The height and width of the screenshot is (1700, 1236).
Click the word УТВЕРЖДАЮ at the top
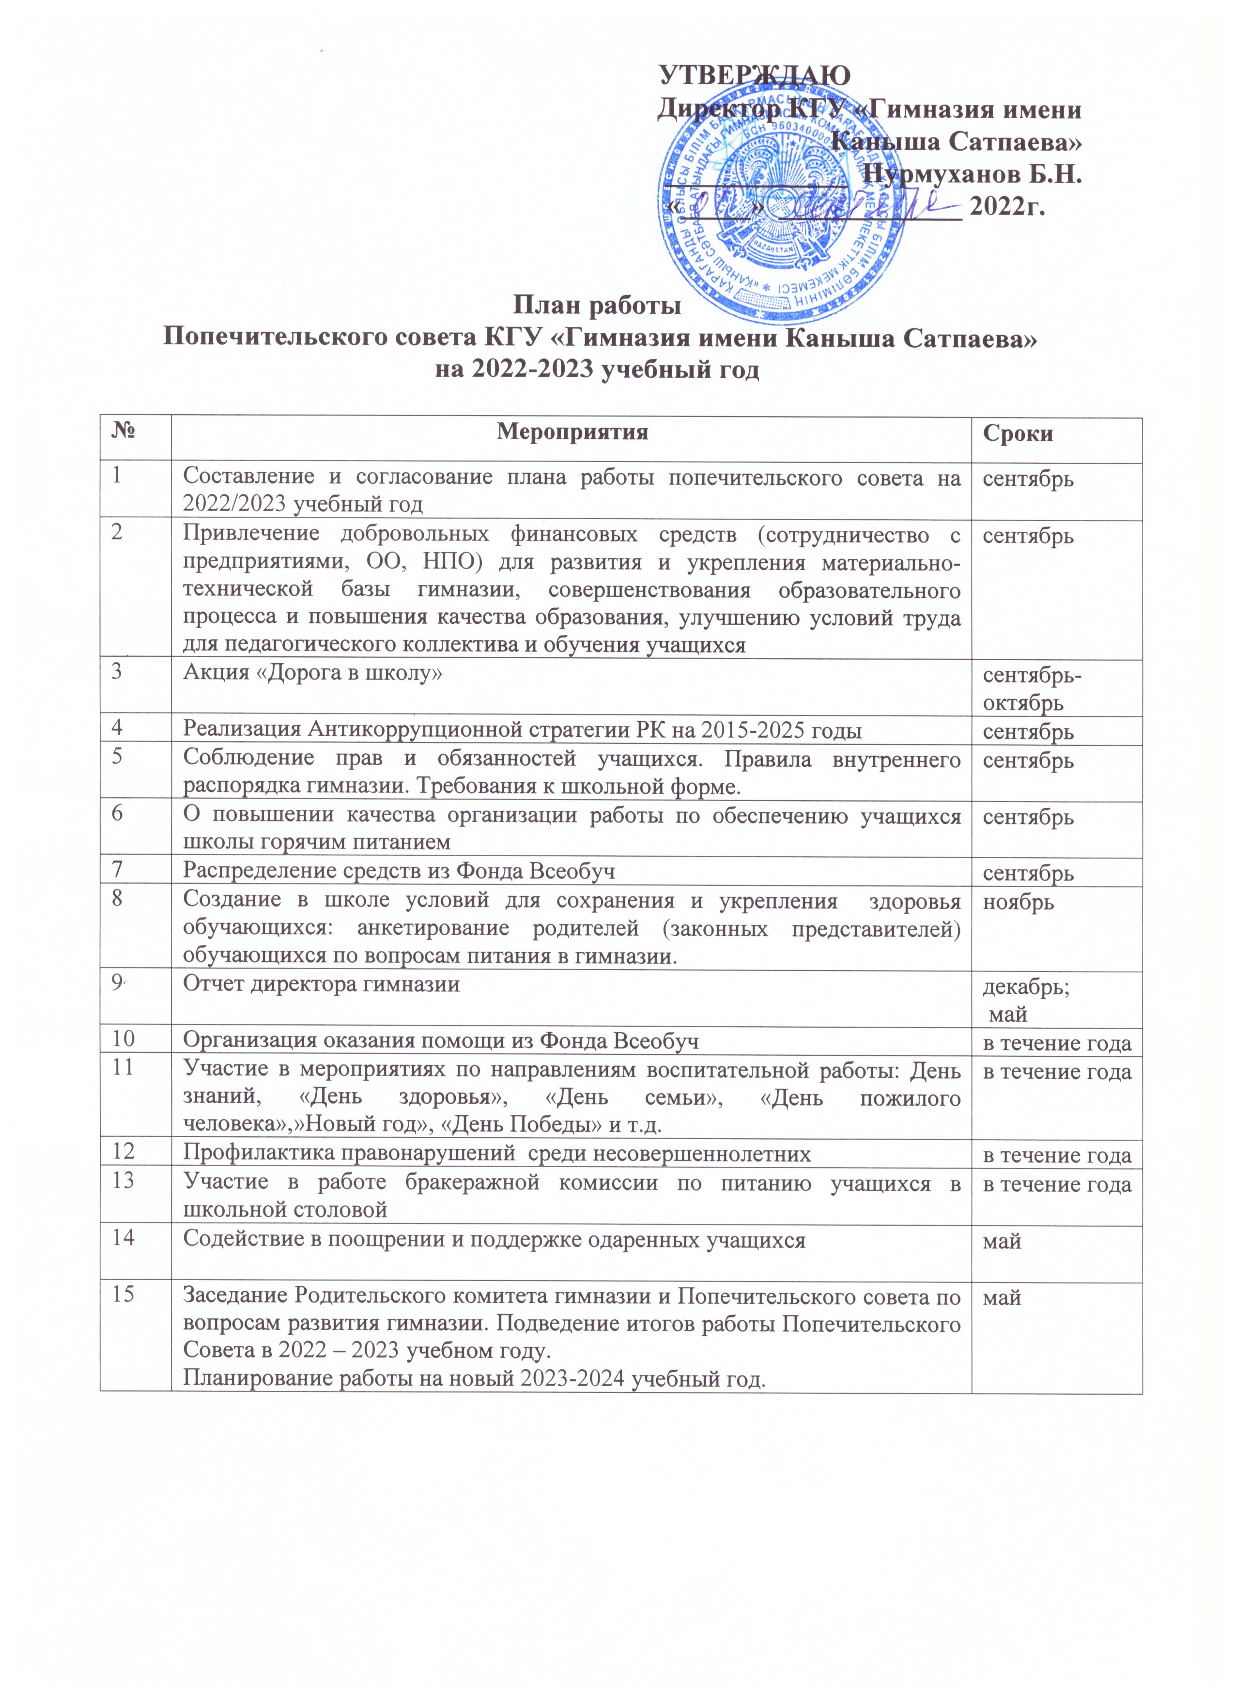tap(754, 76)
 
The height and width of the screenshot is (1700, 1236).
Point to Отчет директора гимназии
tap(322, 984)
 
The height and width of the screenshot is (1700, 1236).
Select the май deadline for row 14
tap(1002, 1242)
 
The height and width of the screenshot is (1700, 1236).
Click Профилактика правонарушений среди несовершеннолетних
tap(497, 1154)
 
